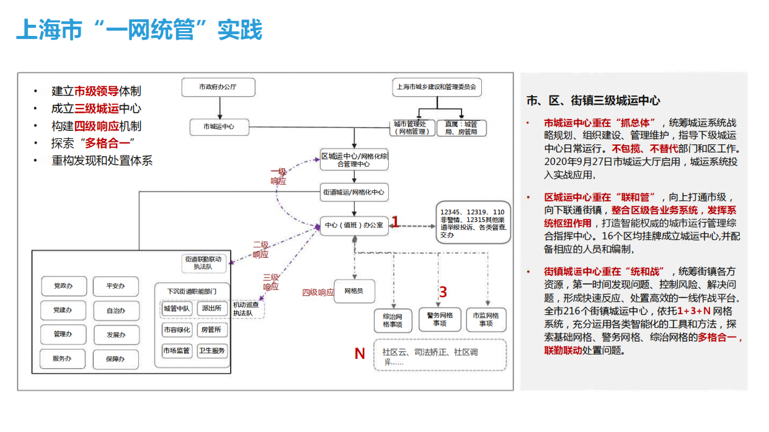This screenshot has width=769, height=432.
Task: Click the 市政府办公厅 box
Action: click(218, 87)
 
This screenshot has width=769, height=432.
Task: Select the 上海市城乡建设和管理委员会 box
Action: click(437, 87)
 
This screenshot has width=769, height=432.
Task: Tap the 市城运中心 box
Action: click(218, 128)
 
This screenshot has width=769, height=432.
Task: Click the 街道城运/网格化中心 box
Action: click(353, 192)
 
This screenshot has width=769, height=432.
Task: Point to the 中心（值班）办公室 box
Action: click(353, 225)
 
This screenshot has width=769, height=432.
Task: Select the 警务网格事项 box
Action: click(440, 319)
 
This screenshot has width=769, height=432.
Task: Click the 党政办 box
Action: click(63, 286)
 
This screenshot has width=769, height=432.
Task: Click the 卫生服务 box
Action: click(211, 351)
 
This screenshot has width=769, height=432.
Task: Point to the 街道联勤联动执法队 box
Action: click(203, 263)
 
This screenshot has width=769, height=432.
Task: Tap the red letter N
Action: click(359, 353)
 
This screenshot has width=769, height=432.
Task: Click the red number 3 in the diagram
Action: click(443, 292)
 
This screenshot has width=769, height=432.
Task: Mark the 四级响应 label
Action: click(318, 292)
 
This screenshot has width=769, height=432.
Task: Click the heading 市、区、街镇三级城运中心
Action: click(593, 100)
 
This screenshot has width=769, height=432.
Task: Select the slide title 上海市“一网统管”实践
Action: click(139, 30)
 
